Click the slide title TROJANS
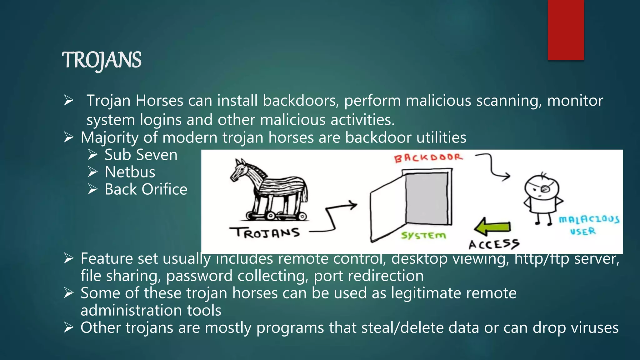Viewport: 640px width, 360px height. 102,60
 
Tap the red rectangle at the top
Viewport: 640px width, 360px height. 566,30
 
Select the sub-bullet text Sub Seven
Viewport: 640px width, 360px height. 141,155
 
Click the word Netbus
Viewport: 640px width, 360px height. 130,172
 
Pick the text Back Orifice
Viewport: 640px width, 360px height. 146,189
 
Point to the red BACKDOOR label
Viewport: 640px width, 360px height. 428,157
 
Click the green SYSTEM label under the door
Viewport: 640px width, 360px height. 423,235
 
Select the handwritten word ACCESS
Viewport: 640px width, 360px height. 494,244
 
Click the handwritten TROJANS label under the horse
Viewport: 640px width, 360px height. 265,233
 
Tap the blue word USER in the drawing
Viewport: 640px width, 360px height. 583,232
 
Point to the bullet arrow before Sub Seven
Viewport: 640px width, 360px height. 93,155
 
